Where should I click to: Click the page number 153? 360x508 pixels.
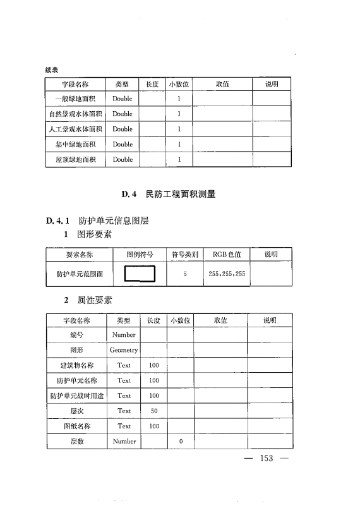click(x=266, y=458)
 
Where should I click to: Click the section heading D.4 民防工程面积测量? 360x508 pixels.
click(x=169, y=195)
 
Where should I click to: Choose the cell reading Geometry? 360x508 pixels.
click(x=124, y=350)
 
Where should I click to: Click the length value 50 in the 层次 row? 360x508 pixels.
click(x=153, y=411)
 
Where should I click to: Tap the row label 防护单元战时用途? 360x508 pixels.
click(x=76, y=396)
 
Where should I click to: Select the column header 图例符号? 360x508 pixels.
click(x=140, y=255)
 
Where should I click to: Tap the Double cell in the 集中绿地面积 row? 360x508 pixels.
click(x=123, y=145)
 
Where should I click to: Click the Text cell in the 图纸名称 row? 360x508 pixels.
click(x=124, y=426)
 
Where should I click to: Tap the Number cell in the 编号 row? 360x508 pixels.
click(x=124, y=335)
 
